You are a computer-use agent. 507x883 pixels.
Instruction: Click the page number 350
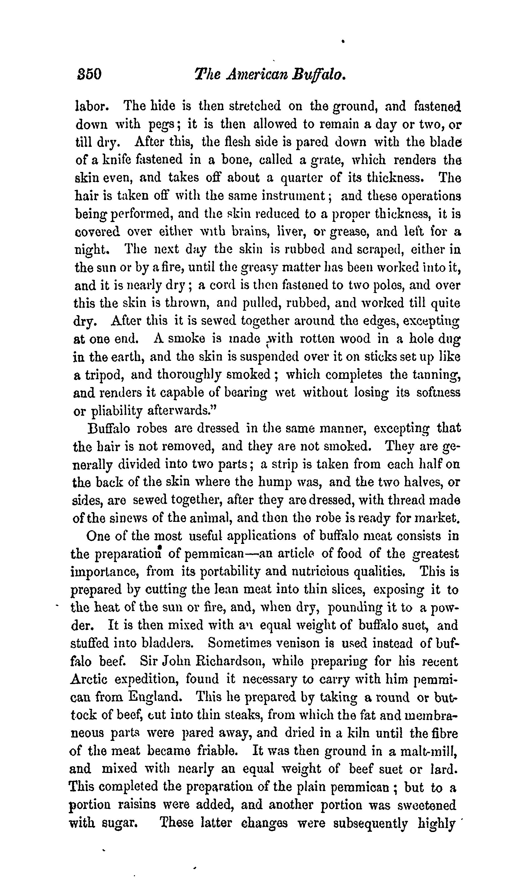(89, 74)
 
